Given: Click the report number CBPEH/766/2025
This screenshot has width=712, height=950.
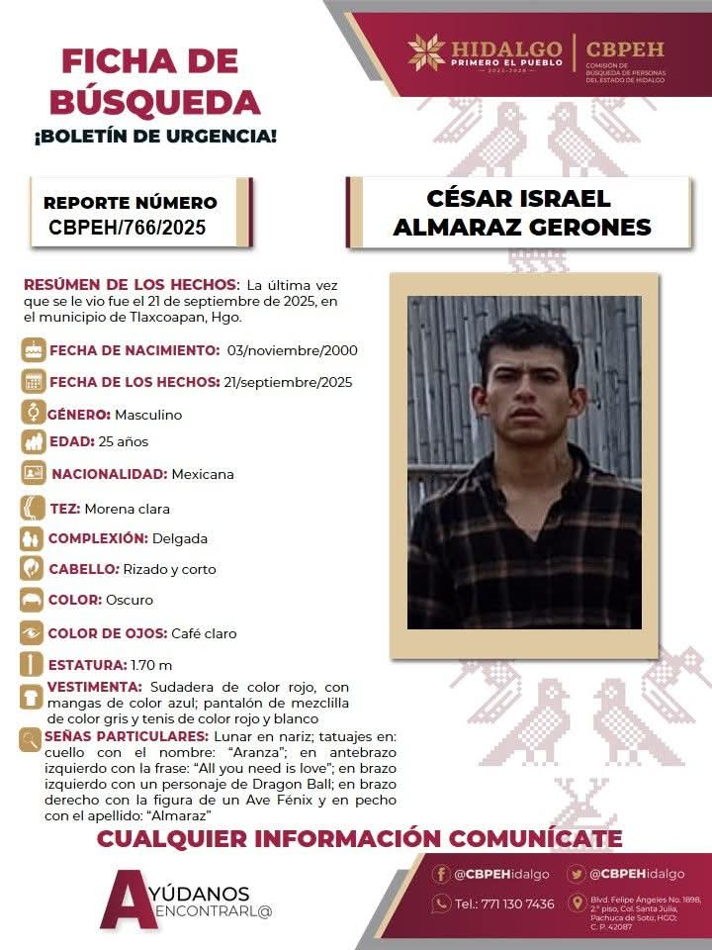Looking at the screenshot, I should [x=128, y=228].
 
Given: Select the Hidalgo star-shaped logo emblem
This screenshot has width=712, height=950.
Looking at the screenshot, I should [x=427, y=51].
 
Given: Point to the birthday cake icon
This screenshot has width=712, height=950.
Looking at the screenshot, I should [x=34, y=349].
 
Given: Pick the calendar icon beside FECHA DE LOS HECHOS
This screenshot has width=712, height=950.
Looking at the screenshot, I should [x=34, y=382].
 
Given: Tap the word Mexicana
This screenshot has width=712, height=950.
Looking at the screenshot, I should [x=203, y=474].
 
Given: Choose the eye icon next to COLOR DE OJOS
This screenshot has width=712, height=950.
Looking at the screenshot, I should [x=34, y=632].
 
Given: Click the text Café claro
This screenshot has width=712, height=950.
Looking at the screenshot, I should [x=204, y=633].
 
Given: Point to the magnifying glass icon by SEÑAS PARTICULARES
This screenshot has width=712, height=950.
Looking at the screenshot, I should [x=31, y=739].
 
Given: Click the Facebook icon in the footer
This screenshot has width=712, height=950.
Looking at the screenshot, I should [x=441, y=874].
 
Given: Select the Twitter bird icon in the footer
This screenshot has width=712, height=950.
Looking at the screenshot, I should [x=577, y=874].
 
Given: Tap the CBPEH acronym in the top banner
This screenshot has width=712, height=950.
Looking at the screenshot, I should [x=624, y=49].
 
